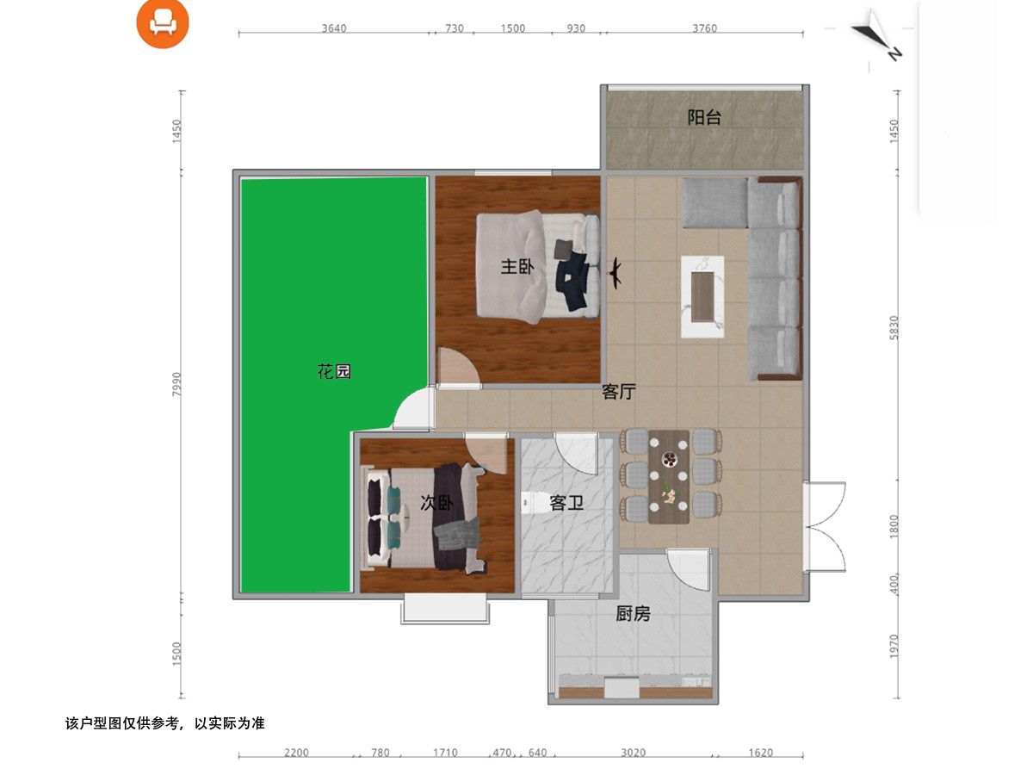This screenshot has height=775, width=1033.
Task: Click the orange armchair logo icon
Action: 163,23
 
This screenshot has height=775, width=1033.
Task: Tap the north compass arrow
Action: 876,36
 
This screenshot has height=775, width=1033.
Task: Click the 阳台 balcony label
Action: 703,118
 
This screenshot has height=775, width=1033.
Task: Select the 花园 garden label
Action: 334,372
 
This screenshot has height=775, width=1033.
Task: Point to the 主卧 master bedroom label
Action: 517,267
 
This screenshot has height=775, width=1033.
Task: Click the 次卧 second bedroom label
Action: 436,503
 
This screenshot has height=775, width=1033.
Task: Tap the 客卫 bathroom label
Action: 566,504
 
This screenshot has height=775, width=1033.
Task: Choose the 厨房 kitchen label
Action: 633,614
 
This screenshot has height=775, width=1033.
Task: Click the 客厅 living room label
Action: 619,392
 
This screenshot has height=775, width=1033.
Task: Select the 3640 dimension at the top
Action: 334,28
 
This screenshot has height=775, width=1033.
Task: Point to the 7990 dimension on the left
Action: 176,384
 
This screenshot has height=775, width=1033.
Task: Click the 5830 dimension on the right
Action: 894,328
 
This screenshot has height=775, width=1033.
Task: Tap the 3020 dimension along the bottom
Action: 633,753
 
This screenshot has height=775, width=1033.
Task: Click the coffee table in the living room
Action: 702,297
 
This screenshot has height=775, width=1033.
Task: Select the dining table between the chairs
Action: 669,477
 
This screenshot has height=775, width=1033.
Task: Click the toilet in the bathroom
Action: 529,503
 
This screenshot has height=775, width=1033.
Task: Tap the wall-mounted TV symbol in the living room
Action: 615,273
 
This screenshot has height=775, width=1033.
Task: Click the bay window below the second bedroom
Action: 445,609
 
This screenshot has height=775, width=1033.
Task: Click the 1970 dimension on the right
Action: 894,647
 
